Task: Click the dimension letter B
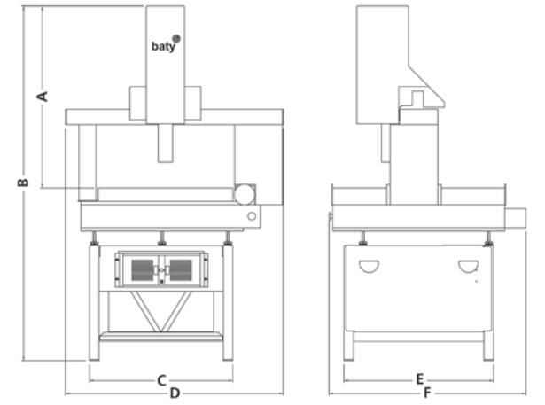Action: [x=24, y=182]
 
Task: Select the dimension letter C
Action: [x=161, y=380]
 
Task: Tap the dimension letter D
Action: [x=175, y=393]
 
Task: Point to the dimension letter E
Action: [x=419, y=379]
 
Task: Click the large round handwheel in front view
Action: [x=245, y=194]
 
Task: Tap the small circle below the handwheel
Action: [x=252, y=215]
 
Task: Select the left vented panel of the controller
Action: [x=142, y=269]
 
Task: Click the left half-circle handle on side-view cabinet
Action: [x=369, y=266]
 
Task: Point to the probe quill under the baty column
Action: [x=166, y=142]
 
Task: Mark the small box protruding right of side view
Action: [x=517, y=219]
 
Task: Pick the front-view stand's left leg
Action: [x=94, y=301]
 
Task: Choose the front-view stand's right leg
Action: [x=228, y=301]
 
